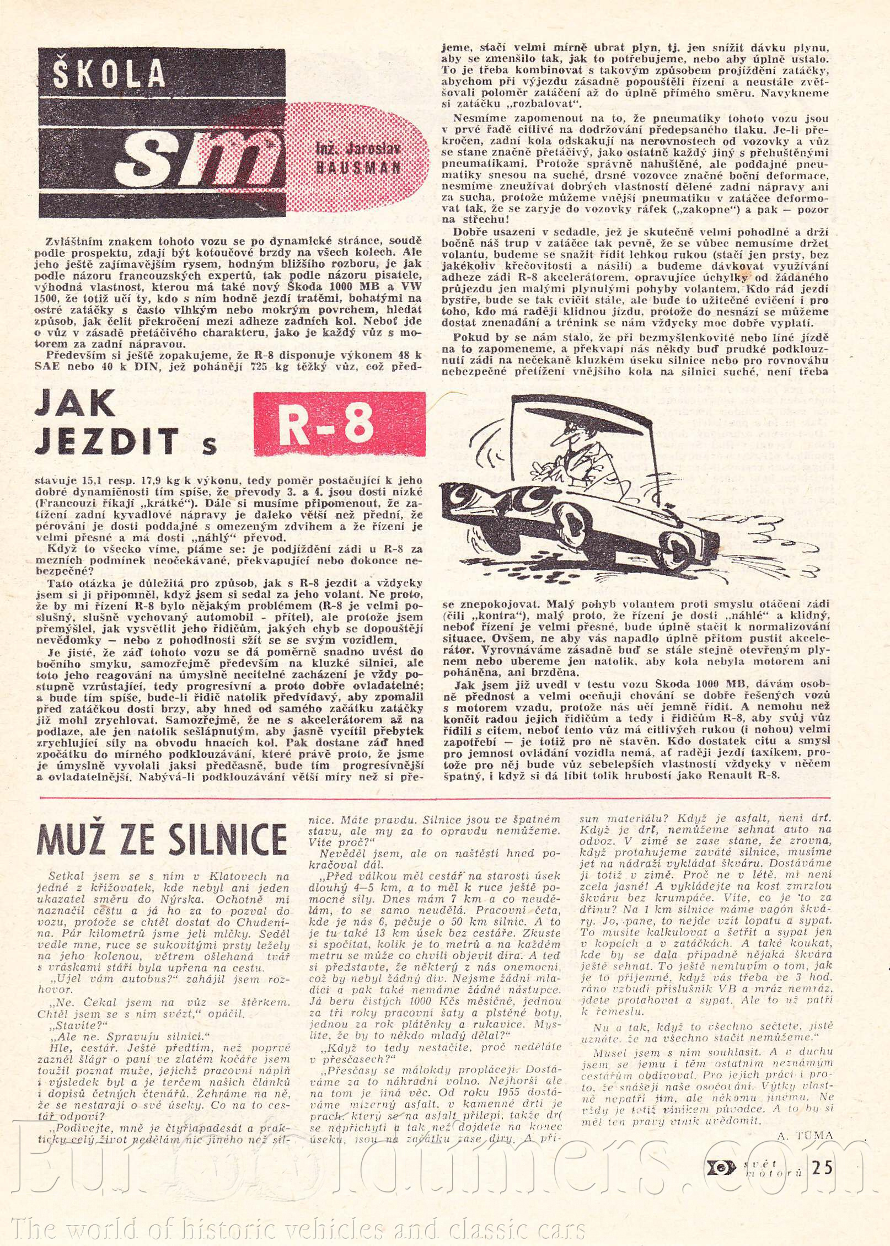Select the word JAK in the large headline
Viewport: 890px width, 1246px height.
pos(74,405)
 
